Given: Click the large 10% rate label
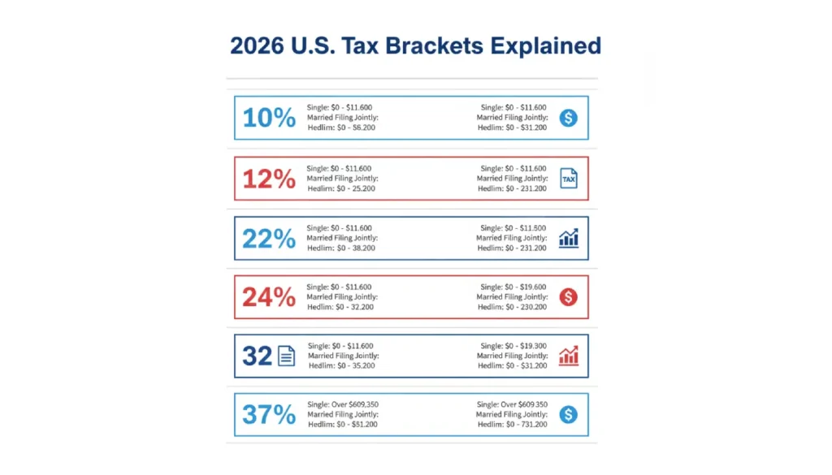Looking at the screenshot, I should tap(269, 119).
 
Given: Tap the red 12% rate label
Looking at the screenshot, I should tap(269, 179).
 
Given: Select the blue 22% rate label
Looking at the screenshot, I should tap(269, 238).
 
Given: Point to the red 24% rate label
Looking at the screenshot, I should tap(269, 297).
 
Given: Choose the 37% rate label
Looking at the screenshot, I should tap(269, 415).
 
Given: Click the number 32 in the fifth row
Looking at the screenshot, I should tap(257, 356).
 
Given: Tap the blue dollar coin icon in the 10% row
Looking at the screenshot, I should tap(569, 119).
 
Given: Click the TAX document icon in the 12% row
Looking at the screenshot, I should tap(569, 179).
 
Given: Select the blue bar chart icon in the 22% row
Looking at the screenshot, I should tap(569, 238).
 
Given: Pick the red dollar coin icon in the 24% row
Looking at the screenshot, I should tap(569, 297).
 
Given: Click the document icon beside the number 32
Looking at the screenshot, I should tap(287, 356).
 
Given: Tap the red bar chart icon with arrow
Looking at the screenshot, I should tap(569, 356).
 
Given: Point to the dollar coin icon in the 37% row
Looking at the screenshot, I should tap(569, 415).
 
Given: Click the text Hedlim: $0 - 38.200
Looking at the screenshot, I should tap(341, 248).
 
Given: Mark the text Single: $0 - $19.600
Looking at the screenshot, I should tap(513, 287).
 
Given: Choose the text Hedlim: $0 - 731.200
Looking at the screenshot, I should tap(513, 425).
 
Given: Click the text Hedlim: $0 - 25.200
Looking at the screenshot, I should tap(341, 189).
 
